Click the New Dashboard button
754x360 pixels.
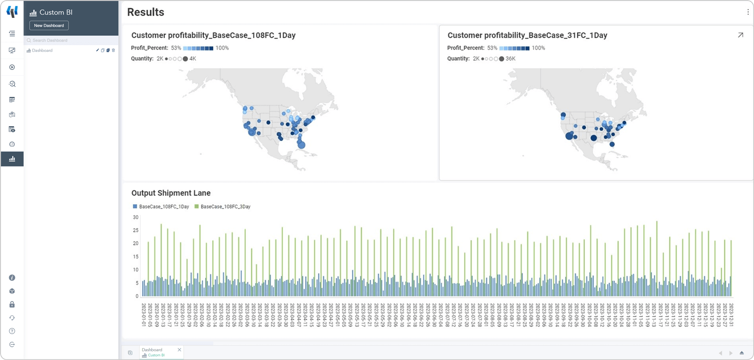coord(49,25)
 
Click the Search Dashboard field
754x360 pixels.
coord(71,41)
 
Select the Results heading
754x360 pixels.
coord(146,12)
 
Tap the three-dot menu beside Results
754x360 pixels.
coord(748,12)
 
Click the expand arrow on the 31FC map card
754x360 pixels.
coord(740,35)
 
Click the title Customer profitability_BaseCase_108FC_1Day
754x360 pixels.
coord(213,35)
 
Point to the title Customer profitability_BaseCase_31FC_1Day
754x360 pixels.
coord(527,35)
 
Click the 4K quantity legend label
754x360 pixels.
coord(193,59)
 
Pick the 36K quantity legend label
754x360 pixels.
coord(510,59)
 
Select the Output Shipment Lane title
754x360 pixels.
coord(171,193)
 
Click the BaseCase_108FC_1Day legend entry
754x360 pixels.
coord(164,207)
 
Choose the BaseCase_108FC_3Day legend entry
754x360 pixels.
coord(225,207)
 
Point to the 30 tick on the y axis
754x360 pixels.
coord(136,217)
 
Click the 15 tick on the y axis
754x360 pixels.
coord(136,257)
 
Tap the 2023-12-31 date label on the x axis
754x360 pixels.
coord(731,315)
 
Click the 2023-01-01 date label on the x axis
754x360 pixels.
coord(144,315)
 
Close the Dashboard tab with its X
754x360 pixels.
coord(179,350)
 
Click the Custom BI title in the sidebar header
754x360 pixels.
coord(56,13)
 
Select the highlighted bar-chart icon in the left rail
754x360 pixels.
coord(12,159)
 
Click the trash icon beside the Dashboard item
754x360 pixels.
coord(114,50)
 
